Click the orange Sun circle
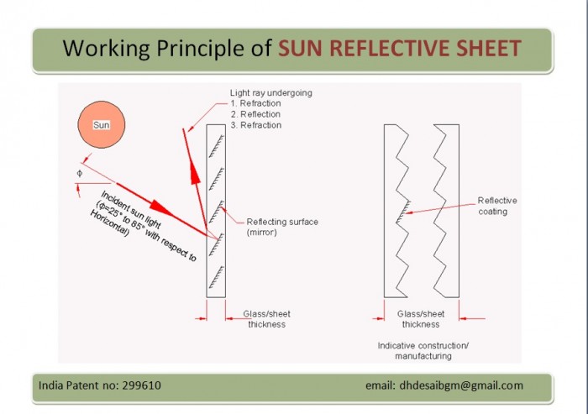[x=102, y=124]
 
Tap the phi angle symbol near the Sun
[x=80, y=173]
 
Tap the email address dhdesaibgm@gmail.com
[x=461, y=385]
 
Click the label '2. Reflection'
[x=255, y=114]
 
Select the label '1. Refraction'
[x=255, y=103]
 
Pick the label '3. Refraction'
[x=255, y=125]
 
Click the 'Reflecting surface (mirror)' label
[x=282, y=227]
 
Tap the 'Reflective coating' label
[x=497, y=206]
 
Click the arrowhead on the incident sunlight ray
[x=160, y=207]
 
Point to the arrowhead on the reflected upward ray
[x=195, y=173]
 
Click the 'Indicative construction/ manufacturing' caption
[x=423, y=351]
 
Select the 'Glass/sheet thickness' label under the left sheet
[x=266, y=319]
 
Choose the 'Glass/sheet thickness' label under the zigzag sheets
[x=421, y=319]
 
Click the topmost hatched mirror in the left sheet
[x=217, y=146]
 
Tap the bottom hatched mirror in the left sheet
[x=217, y=277]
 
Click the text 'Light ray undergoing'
[x=270, y=92]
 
